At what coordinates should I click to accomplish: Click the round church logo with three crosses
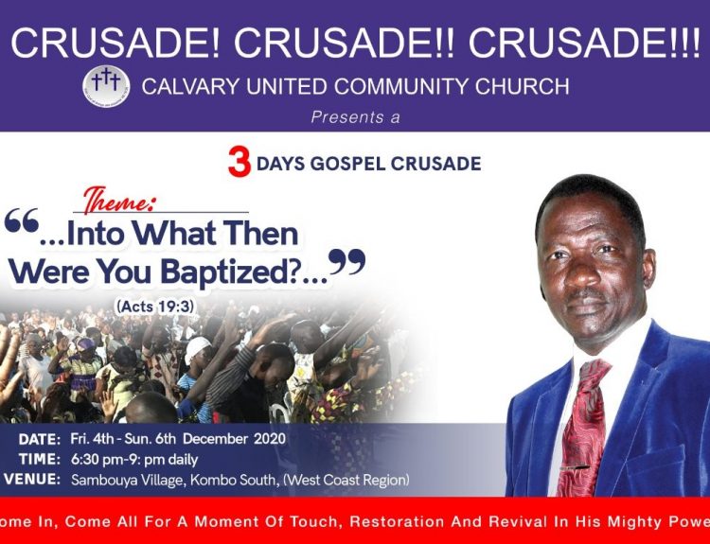coord(106,86)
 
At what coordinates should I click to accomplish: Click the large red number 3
coord(240,163)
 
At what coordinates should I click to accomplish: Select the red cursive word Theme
coord(118,200)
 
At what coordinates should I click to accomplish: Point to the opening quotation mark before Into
coord(21,221)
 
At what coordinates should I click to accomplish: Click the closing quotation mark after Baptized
coord(346,261)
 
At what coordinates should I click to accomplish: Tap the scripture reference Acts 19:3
coord(155,307)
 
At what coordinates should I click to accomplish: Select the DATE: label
coord(40,439)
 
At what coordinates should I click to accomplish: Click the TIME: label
coord(40,460)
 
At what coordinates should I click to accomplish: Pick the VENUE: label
coord(31,480)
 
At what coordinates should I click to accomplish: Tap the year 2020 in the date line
coord(270,439)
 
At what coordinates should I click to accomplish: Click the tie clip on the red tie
coord(574,467)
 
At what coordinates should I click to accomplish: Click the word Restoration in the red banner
coord(397,522)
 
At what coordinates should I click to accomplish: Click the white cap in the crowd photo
coord(197,349)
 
